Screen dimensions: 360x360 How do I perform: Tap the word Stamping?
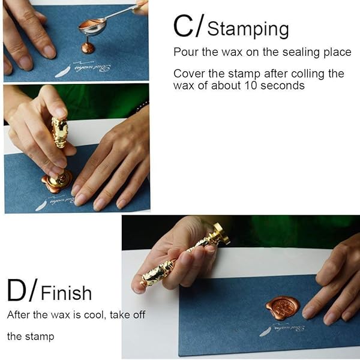(x=248, y=29)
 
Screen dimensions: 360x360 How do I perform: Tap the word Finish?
(x=67, y=293)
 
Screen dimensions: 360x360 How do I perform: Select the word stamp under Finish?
(x=40, y=337)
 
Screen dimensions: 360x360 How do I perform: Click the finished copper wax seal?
(x=283, y=307)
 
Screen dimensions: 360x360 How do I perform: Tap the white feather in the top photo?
(x=62, y=71)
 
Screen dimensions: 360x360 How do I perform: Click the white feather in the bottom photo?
(x=265, y=332)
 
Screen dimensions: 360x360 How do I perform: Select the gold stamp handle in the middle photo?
(x=59, y=133)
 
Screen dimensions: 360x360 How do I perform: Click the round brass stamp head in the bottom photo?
(x=221, y=234)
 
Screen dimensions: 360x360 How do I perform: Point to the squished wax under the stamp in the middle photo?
(x=56, y=182)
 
